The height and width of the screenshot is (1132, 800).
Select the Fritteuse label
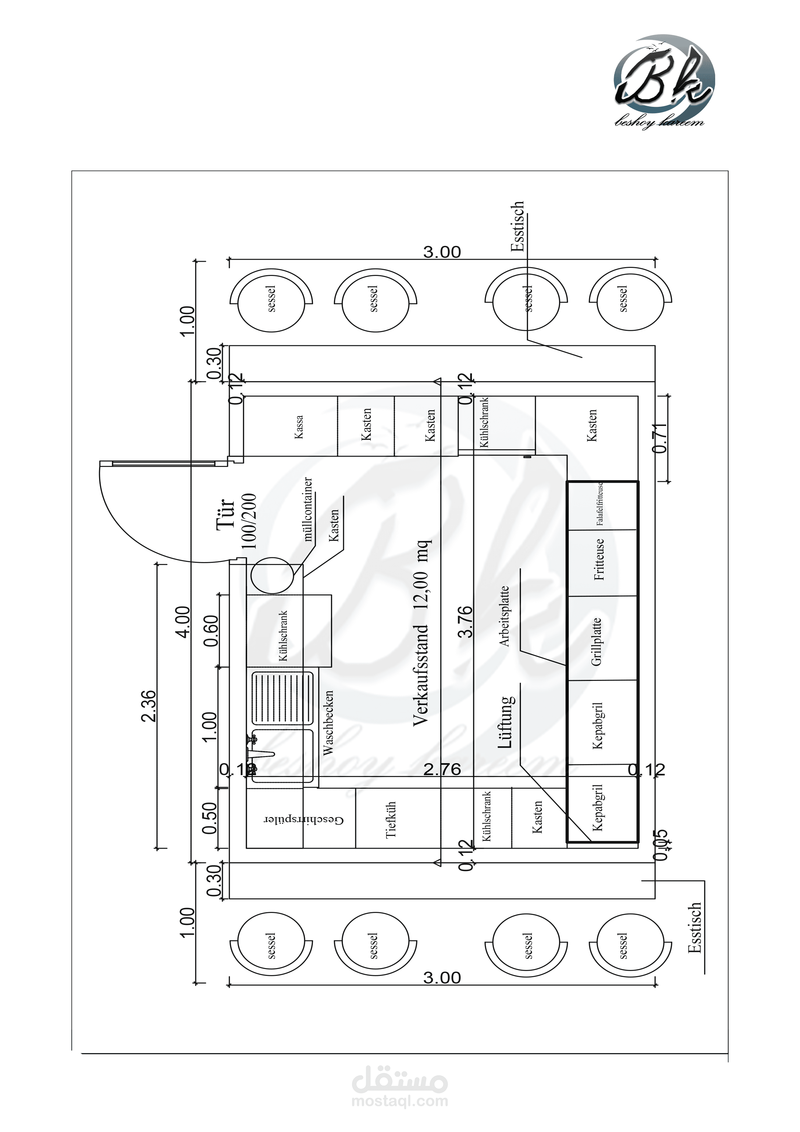click(x=599, y=559)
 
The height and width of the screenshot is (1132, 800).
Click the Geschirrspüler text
click(x=304, y=820)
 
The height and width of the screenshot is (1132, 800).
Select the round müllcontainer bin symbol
click(x=272, y=575)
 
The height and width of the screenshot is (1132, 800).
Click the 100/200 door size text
click(x=249, y=521)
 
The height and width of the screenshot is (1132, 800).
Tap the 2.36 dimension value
click(x=148, y=706)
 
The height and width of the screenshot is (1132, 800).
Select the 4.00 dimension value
click(x=182, y=622)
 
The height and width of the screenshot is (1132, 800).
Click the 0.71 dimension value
click(x=660, y=438)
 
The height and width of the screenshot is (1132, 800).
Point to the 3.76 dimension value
click(x=465, y=622)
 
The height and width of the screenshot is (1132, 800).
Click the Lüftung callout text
click(x=506, y=722)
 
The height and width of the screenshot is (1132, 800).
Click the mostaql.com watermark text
click(x=400, y=1101)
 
